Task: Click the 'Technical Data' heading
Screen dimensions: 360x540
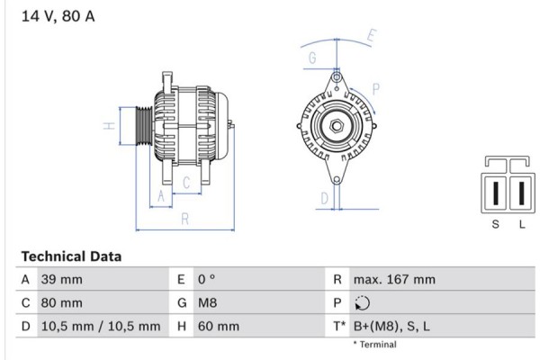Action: click(71, 256)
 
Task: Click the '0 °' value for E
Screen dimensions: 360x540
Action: click(206, 280)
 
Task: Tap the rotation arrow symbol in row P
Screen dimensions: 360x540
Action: click(363, 303)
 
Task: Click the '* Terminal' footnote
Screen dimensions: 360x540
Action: click(374, 345)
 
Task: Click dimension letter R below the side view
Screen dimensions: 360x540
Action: click(184, 217)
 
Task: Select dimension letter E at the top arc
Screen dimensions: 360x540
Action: click(372, 36)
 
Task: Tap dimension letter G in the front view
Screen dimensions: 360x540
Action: click(312, 59)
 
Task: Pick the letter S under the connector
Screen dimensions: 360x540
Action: click(495, 224)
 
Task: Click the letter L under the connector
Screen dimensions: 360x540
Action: click(521, 224)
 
